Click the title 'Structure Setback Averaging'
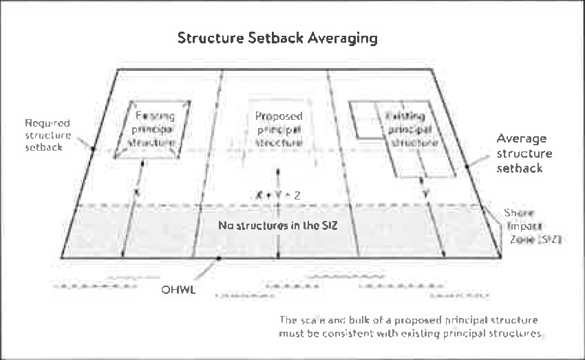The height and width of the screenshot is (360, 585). coord(277,38)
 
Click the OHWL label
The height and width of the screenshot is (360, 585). coord(178,290)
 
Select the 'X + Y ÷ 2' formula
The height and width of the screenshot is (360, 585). coord(278,195)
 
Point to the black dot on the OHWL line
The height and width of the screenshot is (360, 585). coord(218,259)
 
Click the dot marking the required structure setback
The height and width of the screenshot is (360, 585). coord(92,147)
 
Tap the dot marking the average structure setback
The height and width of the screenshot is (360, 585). coord(467,166)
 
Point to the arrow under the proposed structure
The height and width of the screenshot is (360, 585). coord(277,213)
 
